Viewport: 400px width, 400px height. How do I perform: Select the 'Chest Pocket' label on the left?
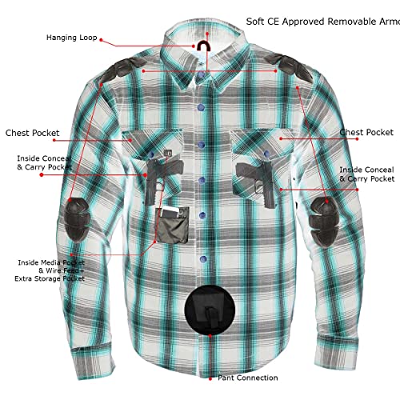click(32, 133)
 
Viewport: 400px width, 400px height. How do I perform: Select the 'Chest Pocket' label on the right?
click(366, 132)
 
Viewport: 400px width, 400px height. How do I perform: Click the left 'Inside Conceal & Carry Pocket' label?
click(45, 163)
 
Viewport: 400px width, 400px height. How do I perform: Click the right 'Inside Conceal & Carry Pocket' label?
click(366, 174)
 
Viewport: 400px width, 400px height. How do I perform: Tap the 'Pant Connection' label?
click(246, 378)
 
